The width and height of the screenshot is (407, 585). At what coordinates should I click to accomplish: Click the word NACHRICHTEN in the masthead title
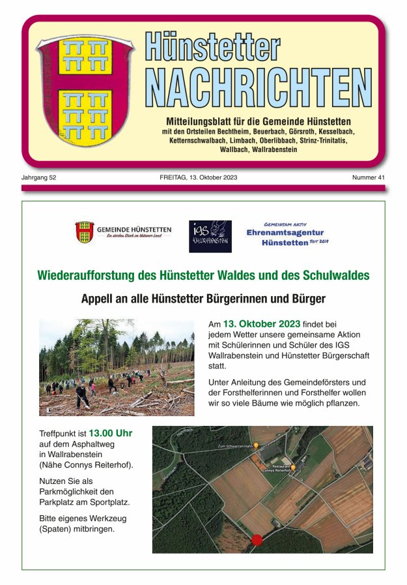click(258, 87)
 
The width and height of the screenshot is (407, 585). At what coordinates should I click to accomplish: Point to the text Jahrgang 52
click(38, 177)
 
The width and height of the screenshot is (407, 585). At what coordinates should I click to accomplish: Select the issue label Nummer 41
click(368, 177)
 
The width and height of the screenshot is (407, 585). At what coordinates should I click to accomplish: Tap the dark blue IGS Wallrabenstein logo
click(210, 236)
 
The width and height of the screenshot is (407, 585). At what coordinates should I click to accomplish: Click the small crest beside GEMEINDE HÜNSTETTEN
click(84, 232)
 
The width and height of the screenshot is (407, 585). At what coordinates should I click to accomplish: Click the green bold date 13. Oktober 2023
click(261, 323)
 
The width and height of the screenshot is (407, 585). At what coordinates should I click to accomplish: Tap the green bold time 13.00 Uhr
click(111, 432)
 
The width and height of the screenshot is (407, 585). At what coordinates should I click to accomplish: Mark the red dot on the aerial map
click(257, 540)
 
